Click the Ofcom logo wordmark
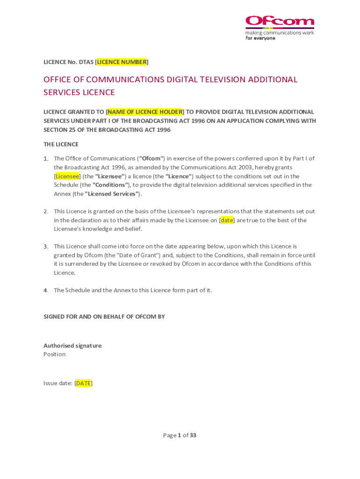pyautogui.click(x=280, y=22)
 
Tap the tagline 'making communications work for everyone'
pyautogui.click(x=280, y=36)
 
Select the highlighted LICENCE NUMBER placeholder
pyautogui.click(x=122, y=62)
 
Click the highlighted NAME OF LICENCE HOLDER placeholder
pyautogui.click(x=145, y=112)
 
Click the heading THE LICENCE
pyautogui.click(x=61, y=144)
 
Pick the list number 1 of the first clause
pyautogui.click(x=46, y=159)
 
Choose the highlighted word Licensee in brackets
pyautogui.click(x=67, y=176)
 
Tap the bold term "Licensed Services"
pyautogui.click(x=112, y=194)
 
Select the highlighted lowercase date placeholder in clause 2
pyautogui.click(x=227, y=220)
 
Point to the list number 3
pyautogui.click(x=46, y=247)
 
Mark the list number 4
pyautogui.click(x=46, y=290)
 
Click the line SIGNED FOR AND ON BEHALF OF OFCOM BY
pyautogui.click(x=104, y=317)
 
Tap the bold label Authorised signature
pyautogui.click(x=72, y=346)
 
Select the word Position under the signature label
pyautogui.click(x=55, y=355)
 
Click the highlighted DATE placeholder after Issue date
pyautogui.click(x=83, y=384)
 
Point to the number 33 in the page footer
pyautogui.click(x=193, y=435)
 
